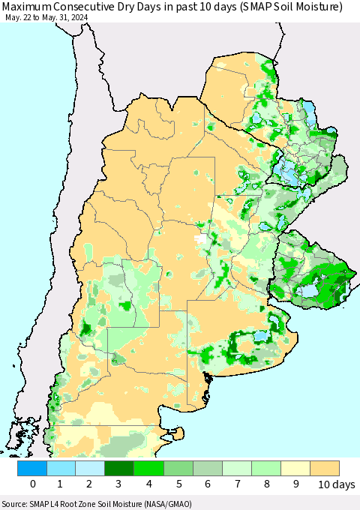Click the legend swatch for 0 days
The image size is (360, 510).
[32, 468]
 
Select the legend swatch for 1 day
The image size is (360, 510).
[61, 468]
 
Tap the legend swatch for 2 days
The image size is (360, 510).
[91, 468]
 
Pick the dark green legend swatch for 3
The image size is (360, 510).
[120, 468]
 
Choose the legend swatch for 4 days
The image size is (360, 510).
[149, 468]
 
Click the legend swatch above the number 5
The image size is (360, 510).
[178, 468]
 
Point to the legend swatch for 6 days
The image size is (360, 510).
[208, 468]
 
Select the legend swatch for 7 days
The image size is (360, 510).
[237, 468]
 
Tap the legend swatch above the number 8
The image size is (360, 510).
[266, 468]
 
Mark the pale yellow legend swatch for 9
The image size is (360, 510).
[295, 468]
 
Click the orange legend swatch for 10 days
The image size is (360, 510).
[325, 468]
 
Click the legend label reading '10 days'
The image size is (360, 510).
[335, 485]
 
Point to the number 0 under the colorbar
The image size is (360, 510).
[32, 485]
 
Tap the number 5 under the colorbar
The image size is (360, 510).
[178, 485]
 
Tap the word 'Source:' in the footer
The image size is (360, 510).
[16, 504]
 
